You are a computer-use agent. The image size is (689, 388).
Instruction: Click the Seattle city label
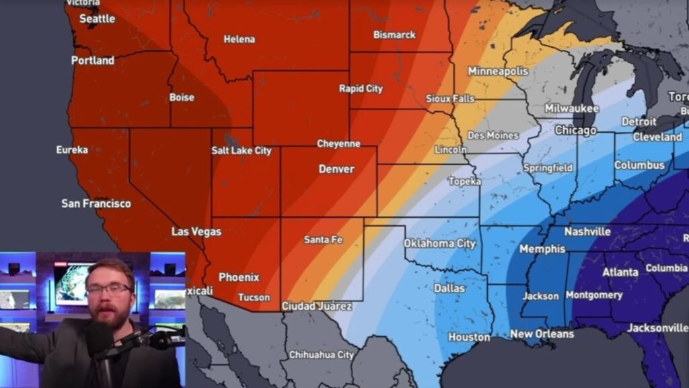point(98,19)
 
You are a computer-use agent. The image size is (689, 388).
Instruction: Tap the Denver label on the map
point(336,169)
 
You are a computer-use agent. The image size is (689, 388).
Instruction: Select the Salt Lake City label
point(242,151)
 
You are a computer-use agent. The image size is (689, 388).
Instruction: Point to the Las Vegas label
point(196,232)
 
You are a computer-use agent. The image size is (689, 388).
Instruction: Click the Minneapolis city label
point(498,71)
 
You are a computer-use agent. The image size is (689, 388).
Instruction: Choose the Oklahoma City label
point(439,244)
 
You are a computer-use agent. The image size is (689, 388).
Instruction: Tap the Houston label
point(469,337)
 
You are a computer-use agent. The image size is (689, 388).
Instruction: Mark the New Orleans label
point(542,334)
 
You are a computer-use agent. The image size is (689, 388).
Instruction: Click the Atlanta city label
point(620,272)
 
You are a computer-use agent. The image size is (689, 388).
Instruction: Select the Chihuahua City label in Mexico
point(321,355)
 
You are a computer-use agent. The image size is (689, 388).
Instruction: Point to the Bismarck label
point(394,35)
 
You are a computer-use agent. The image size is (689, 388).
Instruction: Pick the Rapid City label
point(361,89)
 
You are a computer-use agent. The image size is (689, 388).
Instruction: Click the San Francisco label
point(96,203)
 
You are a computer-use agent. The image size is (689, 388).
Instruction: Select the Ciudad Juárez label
point(316,306)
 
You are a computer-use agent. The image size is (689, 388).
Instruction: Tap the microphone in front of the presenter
point(101,340)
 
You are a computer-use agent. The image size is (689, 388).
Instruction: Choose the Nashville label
point(587,232)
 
